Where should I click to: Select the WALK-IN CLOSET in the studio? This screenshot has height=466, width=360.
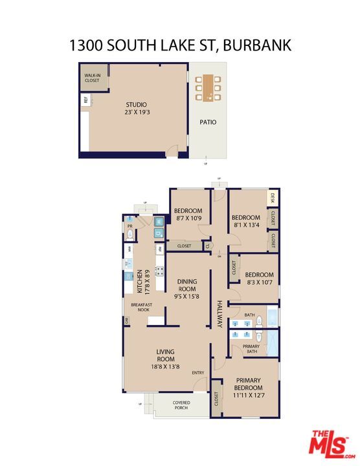[x=93, y=78]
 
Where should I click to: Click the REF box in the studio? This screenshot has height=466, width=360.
[x=85, y=100]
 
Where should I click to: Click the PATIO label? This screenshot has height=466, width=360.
[x=208, y=122]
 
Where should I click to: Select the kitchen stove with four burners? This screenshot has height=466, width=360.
[x=159, y=272]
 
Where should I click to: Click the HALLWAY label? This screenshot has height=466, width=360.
[x=220, y=314]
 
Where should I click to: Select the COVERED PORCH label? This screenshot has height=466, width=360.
[x=181, y=406]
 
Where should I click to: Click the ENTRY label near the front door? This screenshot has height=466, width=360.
[x=198, y=372]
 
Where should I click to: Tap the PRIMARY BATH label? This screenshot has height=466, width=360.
[x=251, y=349]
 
